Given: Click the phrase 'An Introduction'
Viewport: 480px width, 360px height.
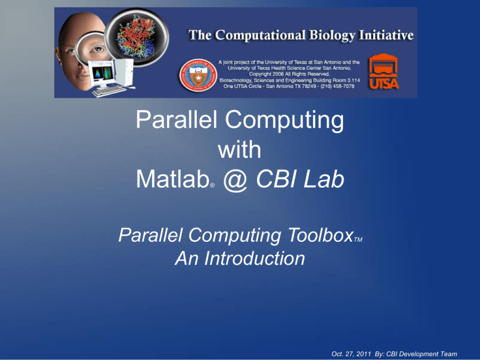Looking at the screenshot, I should [239, 258].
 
